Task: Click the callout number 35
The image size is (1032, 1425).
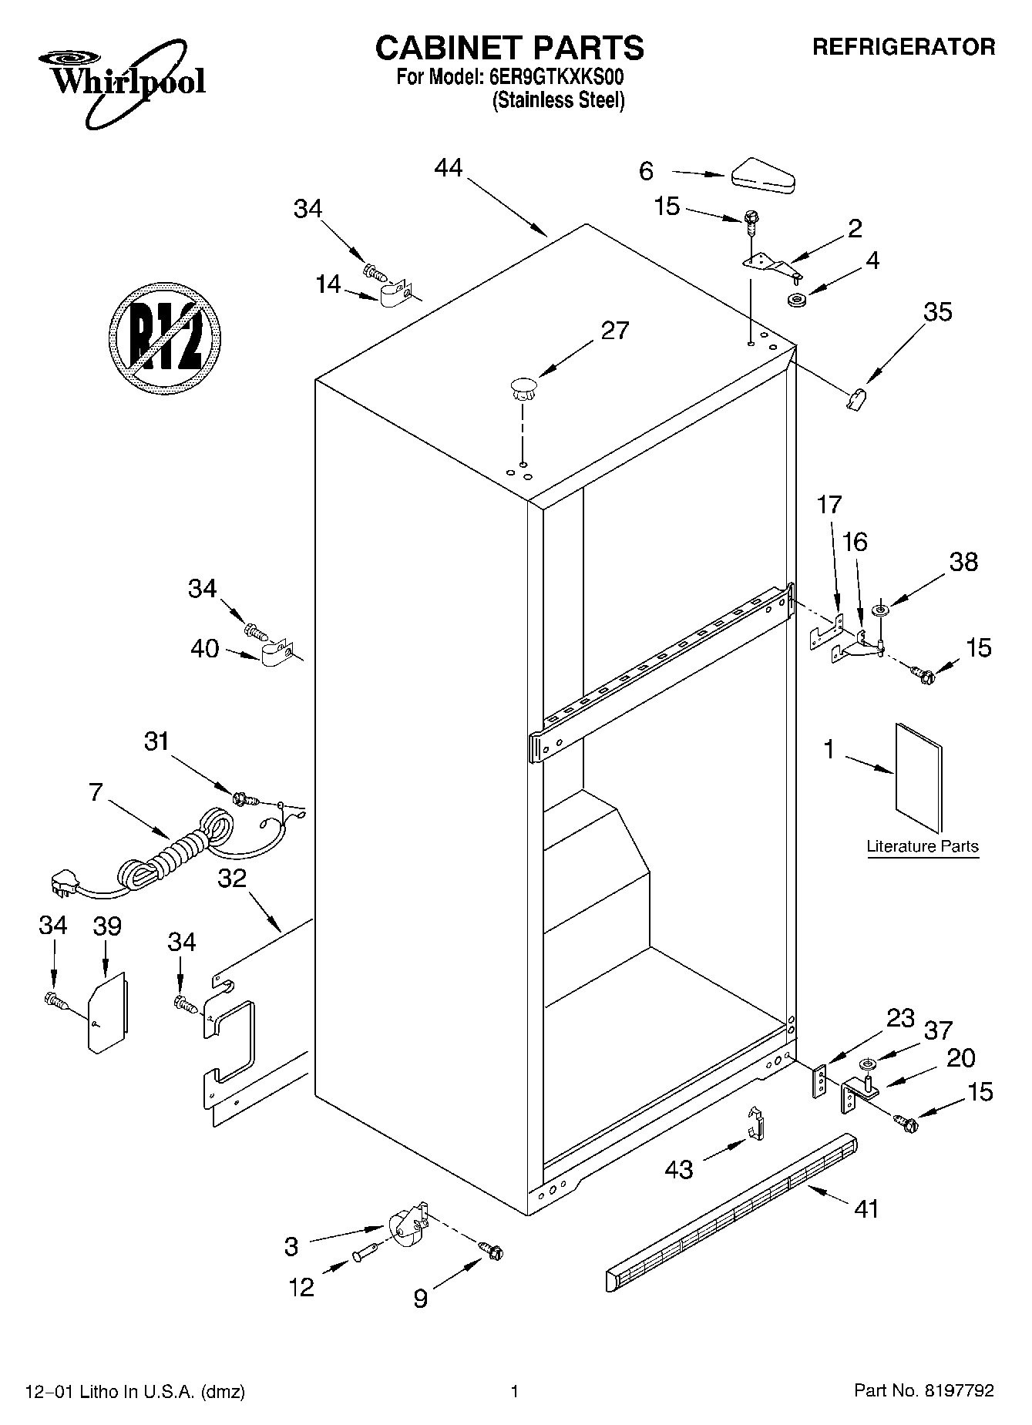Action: pyautogui.click(x=937, y=312)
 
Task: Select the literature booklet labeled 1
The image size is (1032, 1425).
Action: pyautogui.click(x=919, y=778)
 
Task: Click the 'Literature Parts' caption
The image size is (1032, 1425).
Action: pyautogui.click(x=922, y=846)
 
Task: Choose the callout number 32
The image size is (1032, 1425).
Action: pyautogui.click(x=231, y=878)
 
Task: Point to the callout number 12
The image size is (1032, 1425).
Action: pyautogui.click(x=301, y=1287)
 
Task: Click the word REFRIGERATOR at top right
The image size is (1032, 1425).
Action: pyautogui.click(x=903, y=47)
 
